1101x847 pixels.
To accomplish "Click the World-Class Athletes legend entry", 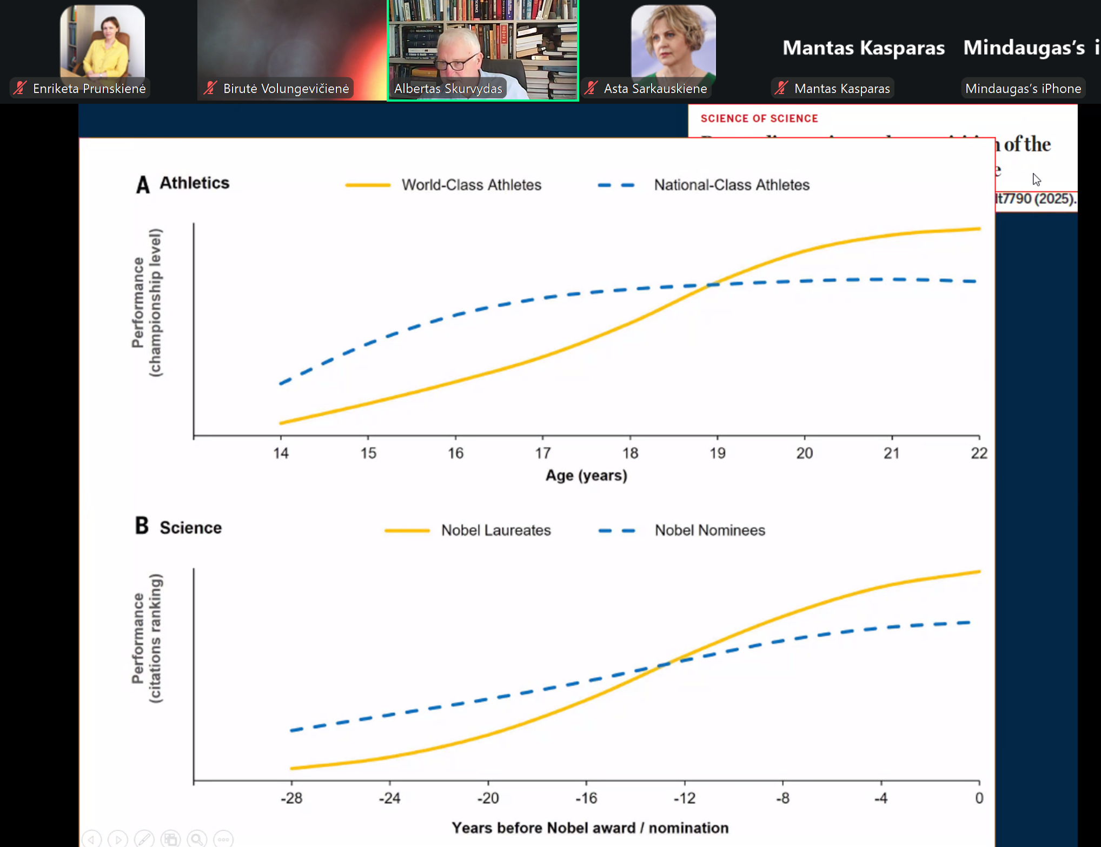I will [470, 185].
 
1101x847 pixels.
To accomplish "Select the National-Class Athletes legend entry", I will [731, 185].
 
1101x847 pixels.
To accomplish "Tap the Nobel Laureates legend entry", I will [495, 530].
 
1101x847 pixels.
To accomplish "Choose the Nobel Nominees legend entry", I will [709, 530].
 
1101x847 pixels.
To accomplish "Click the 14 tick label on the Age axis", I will [281, 453].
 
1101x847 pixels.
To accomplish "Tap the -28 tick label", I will [291, 798].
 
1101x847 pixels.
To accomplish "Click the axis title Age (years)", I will [586, 476].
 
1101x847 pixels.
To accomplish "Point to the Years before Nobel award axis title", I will [590, 828].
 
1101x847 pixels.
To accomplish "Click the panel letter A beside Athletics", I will [143, 184].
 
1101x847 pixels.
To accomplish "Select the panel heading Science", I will [190, 528].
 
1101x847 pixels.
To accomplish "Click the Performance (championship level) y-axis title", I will [147, 303].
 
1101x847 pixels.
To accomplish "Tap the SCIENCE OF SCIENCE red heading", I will [759, 118].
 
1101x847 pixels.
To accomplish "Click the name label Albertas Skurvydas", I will [448, 89].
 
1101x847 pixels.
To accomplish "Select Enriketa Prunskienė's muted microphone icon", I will [21, 88].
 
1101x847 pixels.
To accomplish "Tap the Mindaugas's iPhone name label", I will [1023, 89].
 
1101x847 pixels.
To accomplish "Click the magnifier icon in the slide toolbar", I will [197, 839].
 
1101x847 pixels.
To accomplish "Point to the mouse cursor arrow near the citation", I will [1036, 179].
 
